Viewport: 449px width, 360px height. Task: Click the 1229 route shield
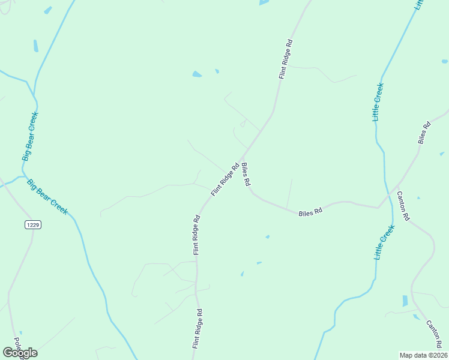(x=33, y=224)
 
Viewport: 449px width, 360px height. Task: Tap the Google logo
(x=20, y=353)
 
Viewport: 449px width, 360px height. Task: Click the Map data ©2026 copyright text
(x=423, y=355)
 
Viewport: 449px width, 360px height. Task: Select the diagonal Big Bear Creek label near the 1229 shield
(x=47, y=196)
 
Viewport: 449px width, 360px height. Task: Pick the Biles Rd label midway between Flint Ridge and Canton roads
(x=310, y=212)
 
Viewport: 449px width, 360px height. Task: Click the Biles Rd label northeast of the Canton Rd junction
(x=424, y=133)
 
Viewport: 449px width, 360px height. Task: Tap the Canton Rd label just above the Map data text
(x=434, y=334)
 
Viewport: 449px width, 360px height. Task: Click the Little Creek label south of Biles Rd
(x=384, y=242)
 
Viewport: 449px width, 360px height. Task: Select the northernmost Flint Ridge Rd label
(x=285, y=59)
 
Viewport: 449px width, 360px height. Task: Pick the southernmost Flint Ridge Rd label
(x=196, y=329)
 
